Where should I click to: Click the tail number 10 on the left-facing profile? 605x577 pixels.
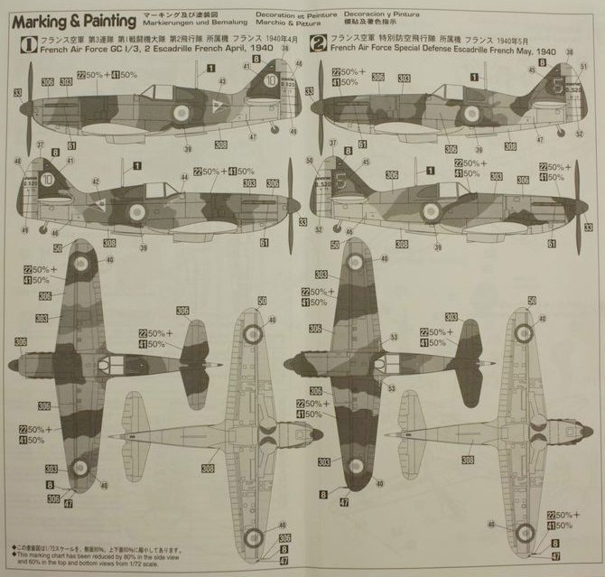270,80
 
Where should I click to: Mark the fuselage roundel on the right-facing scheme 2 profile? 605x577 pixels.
431,211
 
